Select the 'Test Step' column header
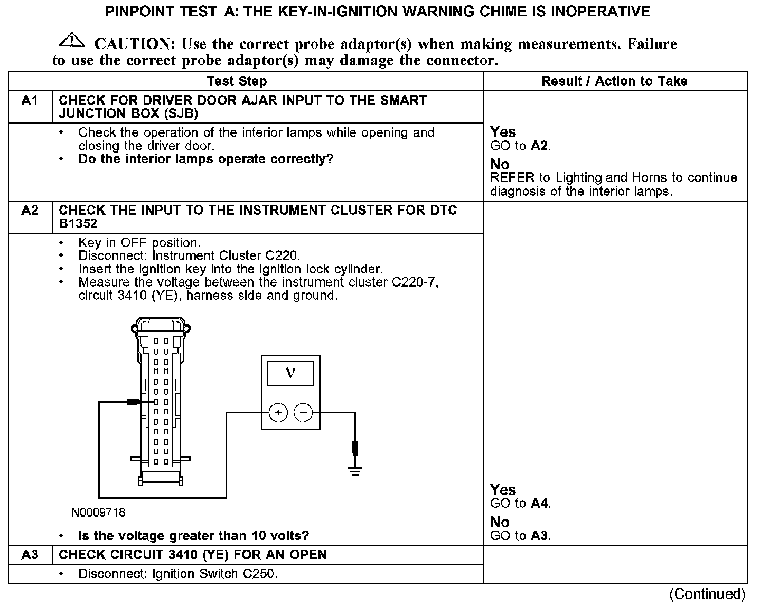tap(237, 81)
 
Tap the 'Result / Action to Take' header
tap(614, 81)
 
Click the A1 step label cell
tap(30, 101)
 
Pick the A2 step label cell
tap(30, 211)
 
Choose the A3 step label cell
tap(30, 555)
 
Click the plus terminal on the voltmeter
tap(278, 413)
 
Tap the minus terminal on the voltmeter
tap(303, 413)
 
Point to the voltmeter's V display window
tap(290, 373)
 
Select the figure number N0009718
tap(99, 513)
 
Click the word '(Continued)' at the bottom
tap(707, 594)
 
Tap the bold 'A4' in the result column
tap(539, 504)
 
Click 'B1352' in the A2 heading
tap(78, 224)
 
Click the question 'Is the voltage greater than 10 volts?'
tap(193, 536)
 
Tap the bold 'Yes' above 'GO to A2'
tap(503, 132)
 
